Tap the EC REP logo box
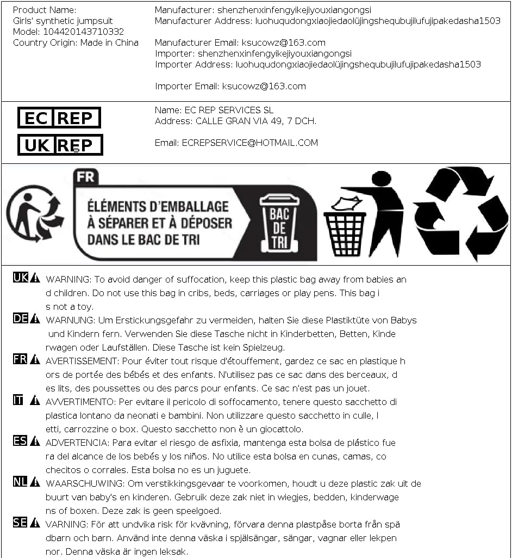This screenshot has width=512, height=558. (x=59, y=118)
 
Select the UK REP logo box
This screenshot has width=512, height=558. (x=60, y=145)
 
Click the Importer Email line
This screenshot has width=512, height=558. (x=230, y=86)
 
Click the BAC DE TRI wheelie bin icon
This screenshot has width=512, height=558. (x=279, y=224)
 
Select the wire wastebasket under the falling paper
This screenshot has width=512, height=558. (x=345, y=234)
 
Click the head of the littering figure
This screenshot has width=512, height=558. (x=381, y=179)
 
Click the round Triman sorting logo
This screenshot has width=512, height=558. (x=34, y=213)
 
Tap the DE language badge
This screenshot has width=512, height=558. (x=21, y=318)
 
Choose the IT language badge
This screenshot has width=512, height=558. (x=18, y=400)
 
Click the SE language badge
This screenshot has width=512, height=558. (x=20, y=523)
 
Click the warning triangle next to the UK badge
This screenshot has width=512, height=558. (x=35, y=278)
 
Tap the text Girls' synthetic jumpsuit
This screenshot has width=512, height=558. (x=63, y=21)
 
